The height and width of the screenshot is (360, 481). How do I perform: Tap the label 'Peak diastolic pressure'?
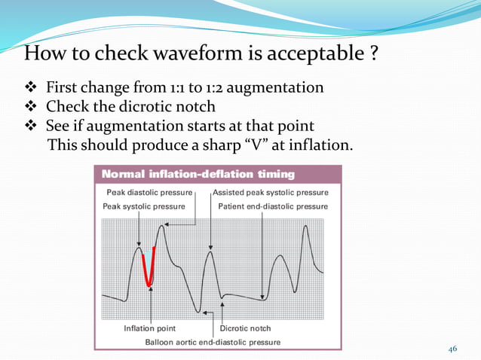tap(148, 194)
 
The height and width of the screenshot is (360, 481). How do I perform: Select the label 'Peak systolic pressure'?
tap(146, 206)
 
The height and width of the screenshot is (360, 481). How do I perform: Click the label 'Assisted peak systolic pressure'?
tap(270, 194)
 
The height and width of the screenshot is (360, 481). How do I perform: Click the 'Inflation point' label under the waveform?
tap(151, 328)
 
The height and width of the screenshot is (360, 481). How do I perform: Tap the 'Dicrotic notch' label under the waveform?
tap(245, 328)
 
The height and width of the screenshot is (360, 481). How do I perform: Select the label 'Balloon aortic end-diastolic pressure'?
tap(213, 342)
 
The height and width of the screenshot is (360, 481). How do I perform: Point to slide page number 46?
tap(453, 349)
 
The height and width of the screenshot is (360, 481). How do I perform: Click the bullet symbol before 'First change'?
tap(32, 88)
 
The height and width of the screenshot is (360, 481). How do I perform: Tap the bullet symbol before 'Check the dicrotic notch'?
tap(32, 107)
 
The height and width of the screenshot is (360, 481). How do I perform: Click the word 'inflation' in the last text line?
tap(320, 144)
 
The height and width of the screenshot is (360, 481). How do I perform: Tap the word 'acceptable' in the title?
tap(305, 56)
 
